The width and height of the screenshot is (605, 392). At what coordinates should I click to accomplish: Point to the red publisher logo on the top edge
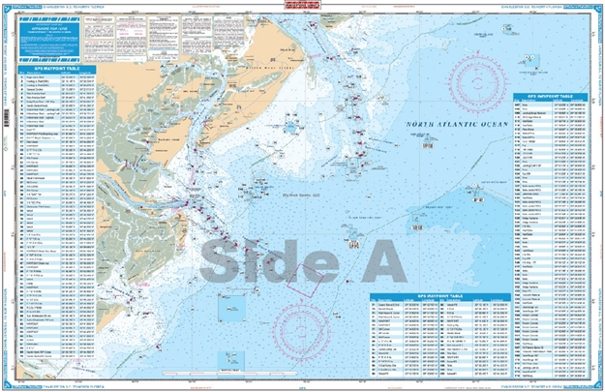(302, 8)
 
